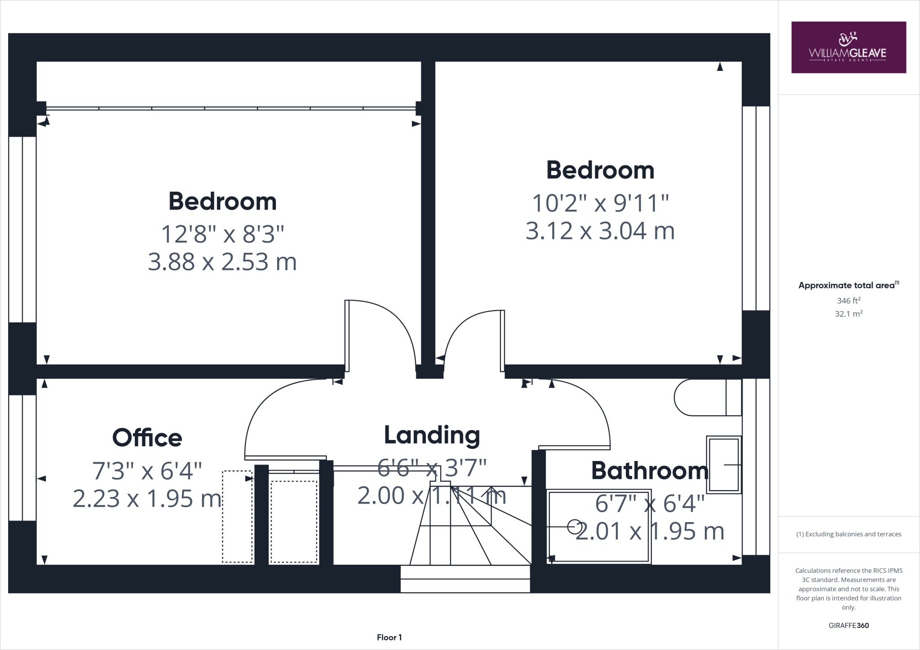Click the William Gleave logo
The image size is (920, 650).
[x=848, y=48]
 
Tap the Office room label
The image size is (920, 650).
[x=147, y=438]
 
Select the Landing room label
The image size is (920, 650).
[x=432, y=435]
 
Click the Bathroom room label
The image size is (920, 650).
[x=650, y=470]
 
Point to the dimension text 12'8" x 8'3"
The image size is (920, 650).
[x=222, y=234]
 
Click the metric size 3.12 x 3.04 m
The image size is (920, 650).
[x=600, y=231]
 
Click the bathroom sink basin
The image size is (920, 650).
[x=723, y=465]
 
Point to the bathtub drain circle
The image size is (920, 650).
[x=574, y=527]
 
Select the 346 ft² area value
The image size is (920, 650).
[x=848, y=300]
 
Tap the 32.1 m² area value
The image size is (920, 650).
[x=848, y=314]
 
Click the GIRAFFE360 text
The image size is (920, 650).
[x=848, y=625]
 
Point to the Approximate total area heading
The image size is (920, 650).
[x=847, y=285]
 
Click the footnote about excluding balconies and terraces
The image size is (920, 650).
[x=848, y=534]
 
